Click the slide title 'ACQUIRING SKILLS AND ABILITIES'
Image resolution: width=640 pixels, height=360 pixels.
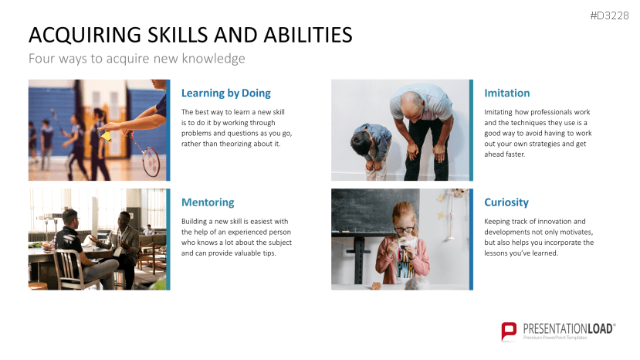(x=191, y=35)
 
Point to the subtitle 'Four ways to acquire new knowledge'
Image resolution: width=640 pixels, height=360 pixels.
(x=137, y=59)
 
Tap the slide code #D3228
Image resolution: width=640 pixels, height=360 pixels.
(x=609, y=15)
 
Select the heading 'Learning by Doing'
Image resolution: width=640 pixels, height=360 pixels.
(x=226, y=93)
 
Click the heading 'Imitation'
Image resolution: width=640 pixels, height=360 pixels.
(x=507, y=93)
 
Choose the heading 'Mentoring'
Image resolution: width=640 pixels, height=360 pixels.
(x=208, y=202)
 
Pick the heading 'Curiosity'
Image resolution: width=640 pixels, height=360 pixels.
(x=506, y=202)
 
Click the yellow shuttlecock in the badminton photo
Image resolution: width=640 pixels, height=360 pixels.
(x=106, y=136)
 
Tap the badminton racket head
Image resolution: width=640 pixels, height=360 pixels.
(x=151, y=161)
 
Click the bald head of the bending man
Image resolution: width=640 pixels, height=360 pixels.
(x=410, y=102)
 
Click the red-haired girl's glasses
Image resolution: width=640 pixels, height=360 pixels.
(x=404, y=229)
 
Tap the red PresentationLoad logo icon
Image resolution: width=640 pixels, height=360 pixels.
(x=509, y=331)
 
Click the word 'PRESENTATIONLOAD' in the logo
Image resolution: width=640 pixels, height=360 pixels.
(x=567, y=328)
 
